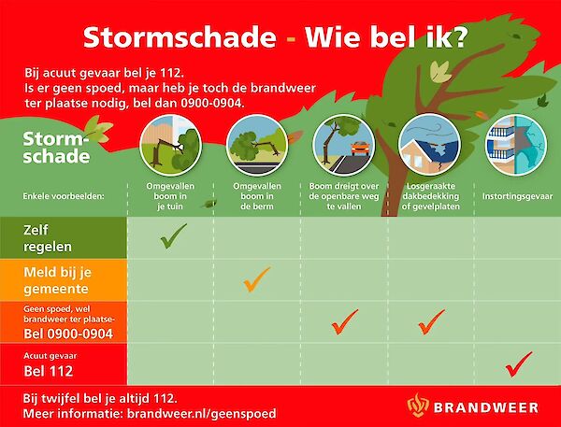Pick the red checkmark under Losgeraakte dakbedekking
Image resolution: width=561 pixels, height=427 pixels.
click(431, 321)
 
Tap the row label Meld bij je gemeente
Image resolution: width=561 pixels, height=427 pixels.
click(58, 279)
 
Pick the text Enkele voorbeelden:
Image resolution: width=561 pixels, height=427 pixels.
click(64, 197)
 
